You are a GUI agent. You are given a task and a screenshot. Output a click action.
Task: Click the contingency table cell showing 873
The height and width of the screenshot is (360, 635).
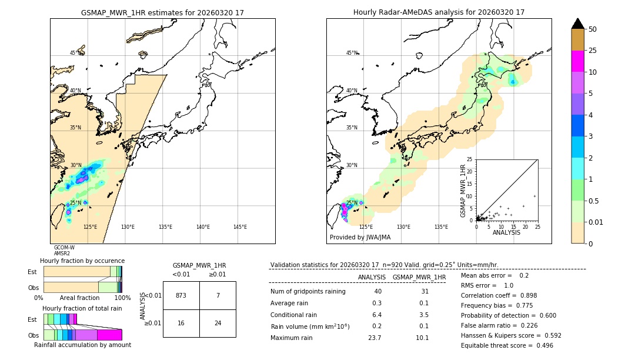181,295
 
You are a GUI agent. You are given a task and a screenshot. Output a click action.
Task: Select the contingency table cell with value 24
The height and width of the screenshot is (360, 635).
218,323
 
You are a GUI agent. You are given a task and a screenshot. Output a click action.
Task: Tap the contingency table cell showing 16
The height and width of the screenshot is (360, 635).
181,323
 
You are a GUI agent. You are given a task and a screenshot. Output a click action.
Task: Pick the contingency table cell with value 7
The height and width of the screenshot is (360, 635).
218,295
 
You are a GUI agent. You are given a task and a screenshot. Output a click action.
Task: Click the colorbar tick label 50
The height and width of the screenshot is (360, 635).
593,29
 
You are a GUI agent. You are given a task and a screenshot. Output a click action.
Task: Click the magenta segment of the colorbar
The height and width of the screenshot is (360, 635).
578,61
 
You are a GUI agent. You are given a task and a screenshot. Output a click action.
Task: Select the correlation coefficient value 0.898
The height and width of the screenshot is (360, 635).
542,295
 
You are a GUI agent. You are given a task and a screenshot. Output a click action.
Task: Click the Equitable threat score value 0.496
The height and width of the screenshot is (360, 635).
542,345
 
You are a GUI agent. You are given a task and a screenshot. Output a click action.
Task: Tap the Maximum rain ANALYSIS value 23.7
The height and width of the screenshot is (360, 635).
374,338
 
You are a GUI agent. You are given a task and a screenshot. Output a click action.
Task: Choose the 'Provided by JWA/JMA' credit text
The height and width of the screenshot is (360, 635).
360,238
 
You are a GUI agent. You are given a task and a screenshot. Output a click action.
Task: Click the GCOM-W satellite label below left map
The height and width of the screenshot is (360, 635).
64,248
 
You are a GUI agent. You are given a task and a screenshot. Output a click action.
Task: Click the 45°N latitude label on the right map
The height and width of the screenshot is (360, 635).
352,53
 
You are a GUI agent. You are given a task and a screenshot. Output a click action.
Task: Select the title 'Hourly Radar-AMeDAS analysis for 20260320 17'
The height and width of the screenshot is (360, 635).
439,12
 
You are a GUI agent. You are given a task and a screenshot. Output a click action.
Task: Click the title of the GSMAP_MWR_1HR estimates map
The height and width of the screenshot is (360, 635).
162,12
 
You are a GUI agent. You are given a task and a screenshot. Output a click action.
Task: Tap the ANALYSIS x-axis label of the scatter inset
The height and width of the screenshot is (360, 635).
506,232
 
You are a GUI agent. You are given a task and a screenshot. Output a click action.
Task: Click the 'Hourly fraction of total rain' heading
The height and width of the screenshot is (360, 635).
82,308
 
